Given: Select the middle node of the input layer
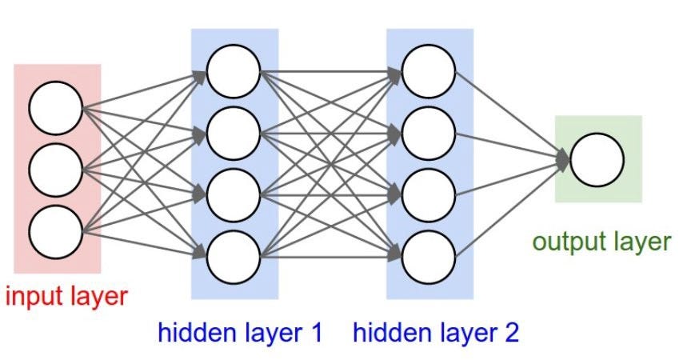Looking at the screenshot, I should click(55, 170).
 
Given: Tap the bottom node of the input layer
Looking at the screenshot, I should click(55, 232).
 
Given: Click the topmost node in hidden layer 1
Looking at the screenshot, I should click(234, 71).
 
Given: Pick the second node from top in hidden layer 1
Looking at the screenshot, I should click(234, 133).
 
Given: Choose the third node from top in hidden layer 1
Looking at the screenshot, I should click(234, 194).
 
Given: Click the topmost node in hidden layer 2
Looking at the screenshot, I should click(429, 71).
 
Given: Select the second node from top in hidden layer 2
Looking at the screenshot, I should click(429, 133).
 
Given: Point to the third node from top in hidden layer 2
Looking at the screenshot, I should click(429, 194).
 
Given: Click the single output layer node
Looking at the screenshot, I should click(597, 159).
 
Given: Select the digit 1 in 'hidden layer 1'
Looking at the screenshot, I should click(314, 332).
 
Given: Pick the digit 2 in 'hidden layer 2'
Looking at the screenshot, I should click(510, 332).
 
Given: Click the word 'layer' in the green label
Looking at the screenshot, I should click(641, 242).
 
